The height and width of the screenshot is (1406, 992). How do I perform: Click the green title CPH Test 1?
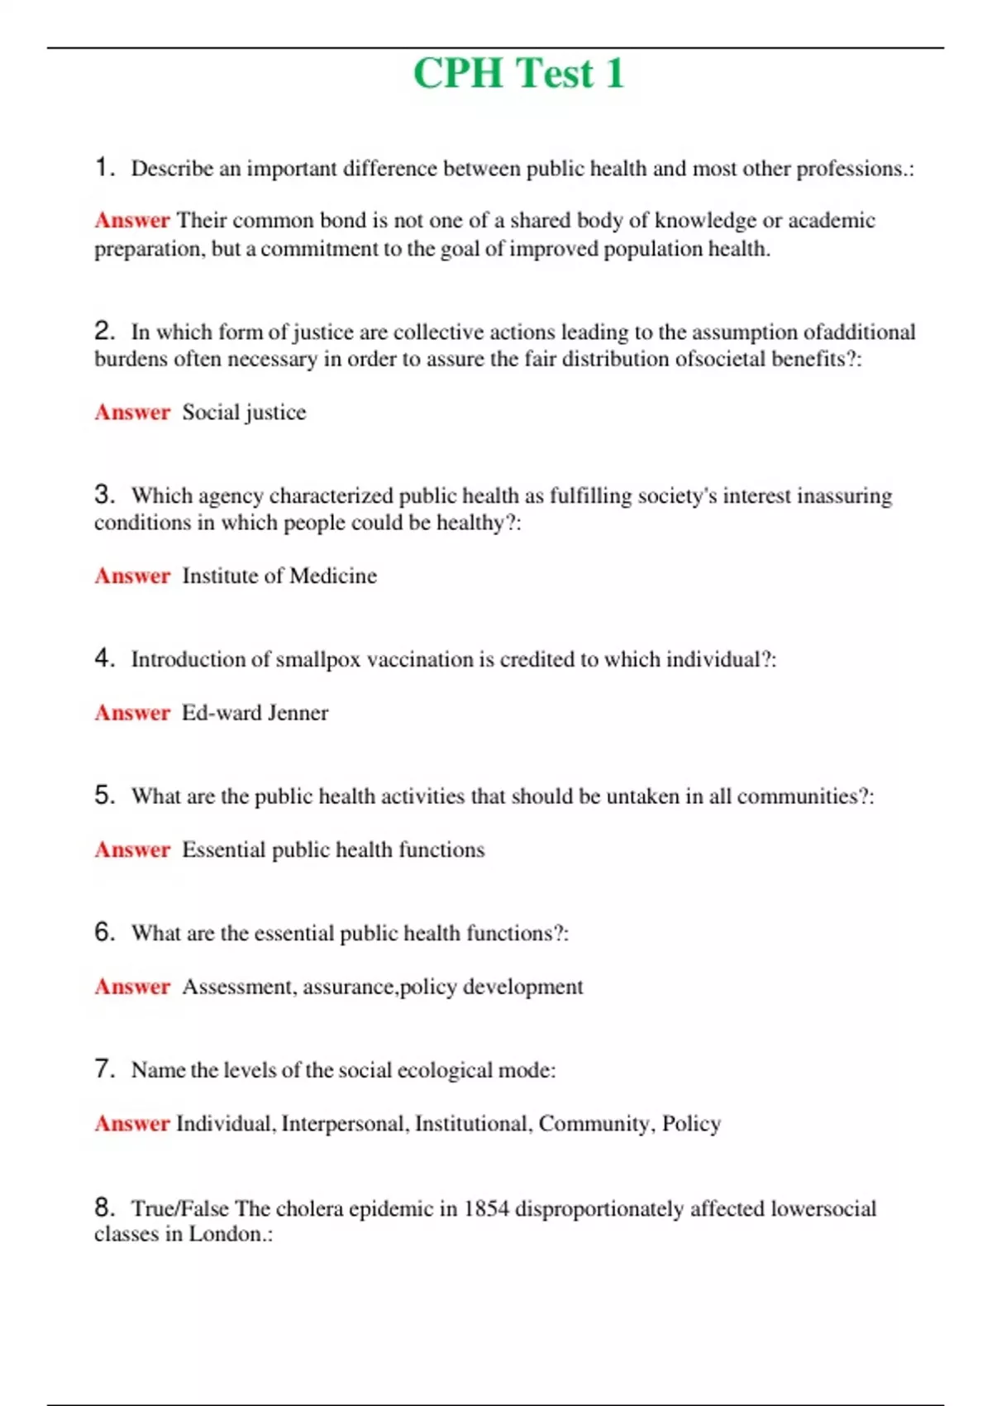pyautogui.click(x=518, y=74)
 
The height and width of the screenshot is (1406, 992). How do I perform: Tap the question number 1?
pyautogui.click(x=103, y=168)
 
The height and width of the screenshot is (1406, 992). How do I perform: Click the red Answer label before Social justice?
pyautogui.click(x=132, y=412)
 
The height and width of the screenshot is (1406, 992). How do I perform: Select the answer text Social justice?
pyautogui.click(x=244, y=412)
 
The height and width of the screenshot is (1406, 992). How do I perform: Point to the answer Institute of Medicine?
pyautogui.click(x=279, y=576)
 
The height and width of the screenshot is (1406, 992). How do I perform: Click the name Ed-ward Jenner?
pyautogui.click(x=255, y=713)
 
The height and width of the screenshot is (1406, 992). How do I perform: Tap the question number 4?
pyautogui.click(x=103, y=658)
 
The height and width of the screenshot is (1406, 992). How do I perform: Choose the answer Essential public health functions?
pyautogui.click(x=333, y=850)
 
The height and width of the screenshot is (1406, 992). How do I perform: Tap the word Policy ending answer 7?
pyautogui.click(x=691, y=1124)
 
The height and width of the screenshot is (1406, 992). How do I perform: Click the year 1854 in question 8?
pyautogui.click(x=486, y=1209)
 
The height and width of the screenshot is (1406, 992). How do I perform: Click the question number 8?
pyautogui.click(x=103, y=1208)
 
